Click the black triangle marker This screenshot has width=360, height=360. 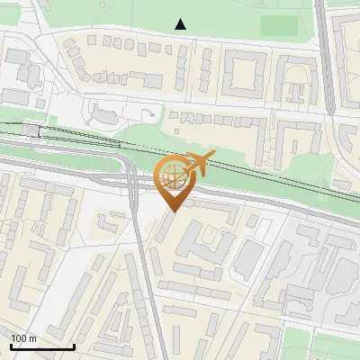(x=181, y=24)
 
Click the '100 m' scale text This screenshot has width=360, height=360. (x=23, y=338)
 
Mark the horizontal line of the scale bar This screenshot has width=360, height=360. (x=42, y=346)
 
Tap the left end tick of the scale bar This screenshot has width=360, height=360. (x=11, y=345)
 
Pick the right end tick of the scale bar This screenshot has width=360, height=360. (x=74, y=345)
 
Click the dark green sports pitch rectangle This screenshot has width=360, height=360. (x=278, y=25)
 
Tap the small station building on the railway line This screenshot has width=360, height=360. (x=33, y=130)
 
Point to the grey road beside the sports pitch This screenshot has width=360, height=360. (x=325, y=54)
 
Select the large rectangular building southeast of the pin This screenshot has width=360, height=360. (x=249, y=259)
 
